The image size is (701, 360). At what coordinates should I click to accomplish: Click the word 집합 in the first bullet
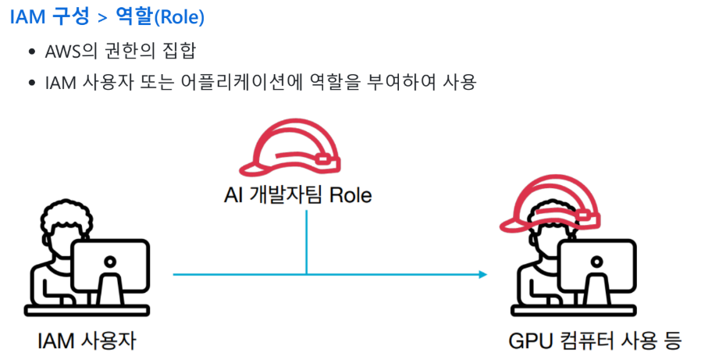coord(176,52)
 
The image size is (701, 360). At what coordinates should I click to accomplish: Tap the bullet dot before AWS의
coord(31,53)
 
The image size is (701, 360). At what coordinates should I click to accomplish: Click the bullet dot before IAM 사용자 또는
coord(31,82)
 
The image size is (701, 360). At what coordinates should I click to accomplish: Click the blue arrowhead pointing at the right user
coord(482,274)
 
